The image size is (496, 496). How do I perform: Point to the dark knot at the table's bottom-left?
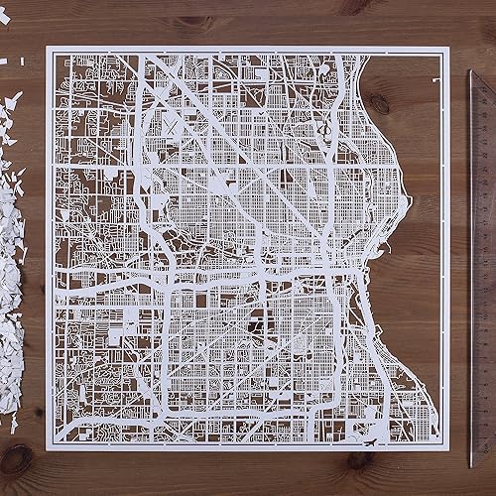click(x=15, y=459)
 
